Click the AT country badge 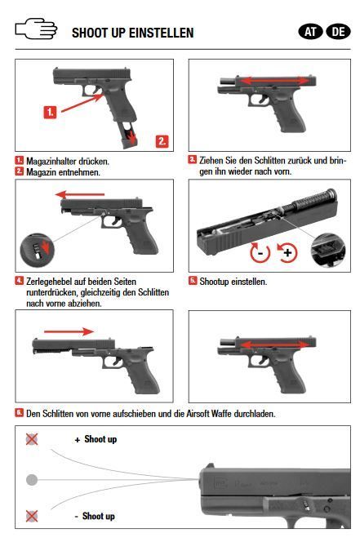[x=311, y=32]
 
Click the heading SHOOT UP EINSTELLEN [x=132, y=33]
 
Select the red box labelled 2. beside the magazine [x=162, y=140]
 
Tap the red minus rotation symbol [x=259, y=252]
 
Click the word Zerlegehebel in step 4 [x=47, y=281]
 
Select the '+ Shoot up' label [x=96, y=439]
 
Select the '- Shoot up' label [x=96, y=516]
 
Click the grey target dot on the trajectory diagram [x=32, y=478]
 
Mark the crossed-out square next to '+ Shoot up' [x=32, y=439]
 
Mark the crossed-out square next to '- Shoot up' [x=32, y=516]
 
